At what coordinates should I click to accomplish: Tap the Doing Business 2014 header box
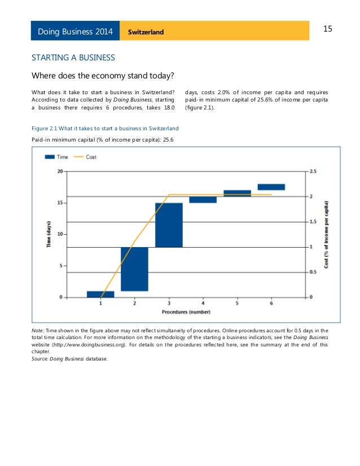pos(75,31)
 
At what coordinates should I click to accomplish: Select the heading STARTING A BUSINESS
pos(73,58)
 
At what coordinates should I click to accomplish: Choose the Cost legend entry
pos(86,157)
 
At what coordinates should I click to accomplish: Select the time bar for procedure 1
pos(100,294)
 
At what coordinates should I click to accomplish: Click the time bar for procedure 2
pos(134,269)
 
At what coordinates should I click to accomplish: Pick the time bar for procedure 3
pos(169,225)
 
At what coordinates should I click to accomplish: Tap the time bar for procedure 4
pos(203,200)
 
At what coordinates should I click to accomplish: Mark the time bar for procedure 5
pos(237,193)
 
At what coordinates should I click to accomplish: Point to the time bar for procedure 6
pos(271,187)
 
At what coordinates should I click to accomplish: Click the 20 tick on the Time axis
pos(60,171)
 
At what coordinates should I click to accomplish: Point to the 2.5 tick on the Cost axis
pos(314,171)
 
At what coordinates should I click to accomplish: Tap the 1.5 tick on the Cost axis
pos(314,222)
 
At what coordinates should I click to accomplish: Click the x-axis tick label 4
pos(203,304)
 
